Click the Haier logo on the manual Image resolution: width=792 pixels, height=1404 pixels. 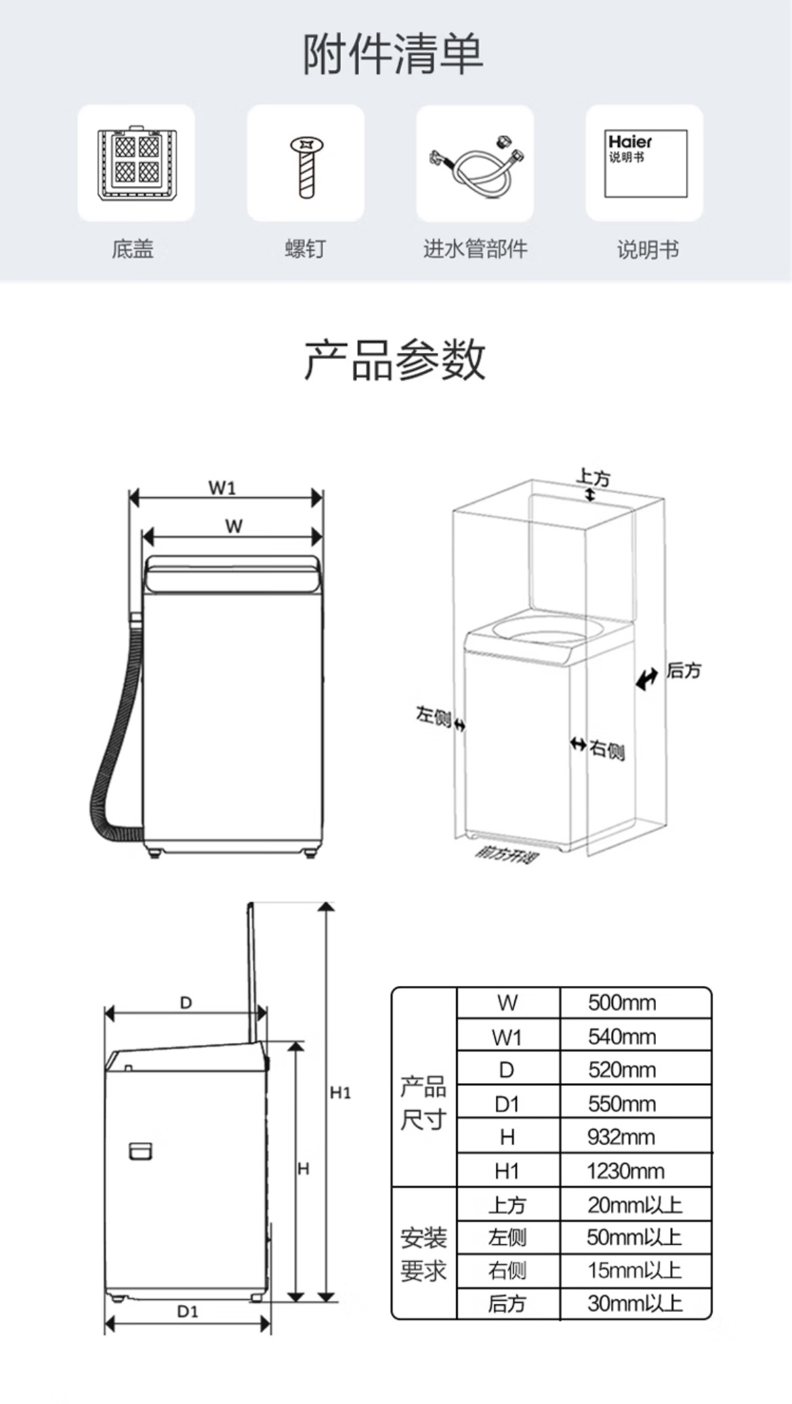coord(629,142)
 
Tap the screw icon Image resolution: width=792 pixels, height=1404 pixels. coord(306,165)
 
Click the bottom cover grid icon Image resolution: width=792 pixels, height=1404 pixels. coord(137,163)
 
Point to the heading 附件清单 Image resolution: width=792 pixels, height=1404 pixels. coord(393,54)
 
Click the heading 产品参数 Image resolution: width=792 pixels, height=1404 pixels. coord(395,359)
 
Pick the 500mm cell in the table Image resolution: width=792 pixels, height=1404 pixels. coord(622,1002)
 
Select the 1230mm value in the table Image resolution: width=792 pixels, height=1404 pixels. coord(625,1170)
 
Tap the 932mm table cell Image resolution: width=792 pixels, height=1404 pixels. coord(621,1136)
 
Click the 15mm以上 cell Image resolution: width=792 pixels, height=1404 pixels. coord(634,1270)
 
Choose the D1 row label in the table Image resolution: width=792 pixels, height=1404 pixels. coord(507,1104)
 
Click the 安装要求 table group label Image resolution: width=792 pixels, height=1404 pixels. coord(423,1254)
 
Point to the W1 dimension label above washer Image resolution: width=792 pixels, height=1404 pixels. coord(222,487)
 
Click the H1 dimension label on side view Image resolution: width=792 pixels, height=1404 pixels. coord(340,1092)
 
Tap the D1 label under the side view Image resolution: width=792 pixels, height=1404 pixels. coord(188,1311)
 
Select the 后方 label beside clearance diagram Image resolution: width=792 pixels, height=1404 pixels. coord(684,671)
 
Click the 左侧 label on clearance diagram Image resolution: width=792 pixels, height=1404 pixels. coord(434,715)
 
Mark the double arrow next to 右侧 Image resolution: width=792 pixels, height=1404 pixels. coord(578,744)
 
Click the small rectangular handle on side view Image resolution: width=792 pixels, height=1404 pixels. coord(140,1151)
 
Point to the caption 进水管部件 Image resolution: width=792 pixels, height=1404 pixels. coord(475,249)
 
